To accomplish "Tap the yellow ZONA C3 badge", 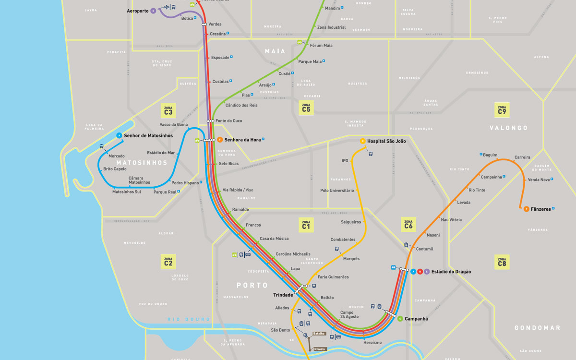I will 168,110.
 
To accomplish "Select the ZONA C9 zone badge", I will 502,110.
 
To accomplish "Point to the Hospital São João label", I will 386,141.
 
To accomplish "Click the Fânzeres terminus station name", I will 540,209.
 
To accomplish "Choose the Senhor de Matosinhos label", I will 148,136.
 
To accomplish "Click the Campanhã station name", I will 416,319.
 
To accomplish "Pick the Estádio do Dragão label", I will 451,272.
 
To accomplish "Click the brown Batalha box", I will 319,333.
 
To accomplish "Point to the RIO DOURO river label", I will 189,319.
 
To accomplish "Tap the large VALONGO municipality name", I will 508,128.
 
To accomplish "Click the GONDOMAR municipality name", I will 537,328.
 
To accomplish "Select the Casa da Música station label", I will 274,239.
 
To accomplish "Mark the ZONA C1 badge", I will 306,224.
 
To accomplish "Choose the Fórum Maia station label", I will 321,46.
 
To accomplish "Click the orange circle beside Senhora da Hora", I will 219,140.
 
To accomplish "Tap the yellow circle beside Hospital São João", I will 363,141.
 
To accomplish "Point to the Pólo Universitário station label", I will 337,191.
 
